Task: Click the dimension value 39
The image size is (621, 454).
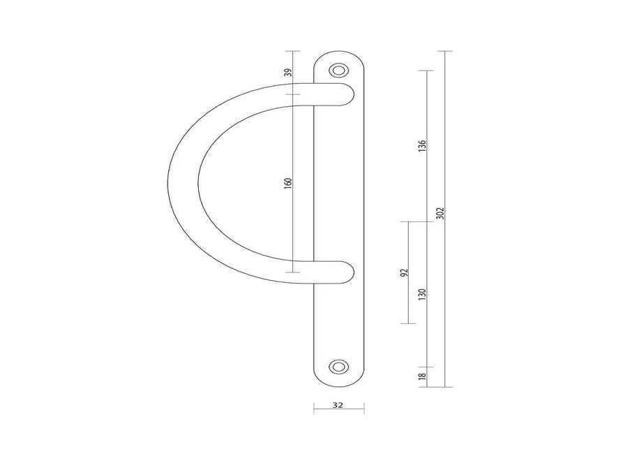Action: point(289,73)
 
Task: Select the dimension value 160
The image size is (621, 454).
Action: point(288,183)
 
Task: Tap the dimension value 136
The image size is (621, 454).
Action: point(422,146)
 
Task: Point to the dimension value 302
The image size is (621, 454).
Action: point(440,213)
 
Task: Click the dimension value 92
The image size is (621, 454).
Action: point(404,272)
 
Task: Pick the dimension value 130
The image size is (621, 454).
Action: point(422,295)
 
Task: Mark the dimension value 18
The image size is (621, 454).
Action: point(422,376)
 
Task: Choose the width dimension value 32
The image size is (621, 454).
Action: point(338,405)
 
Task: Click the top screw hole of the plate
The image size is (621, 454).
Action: point(338,71)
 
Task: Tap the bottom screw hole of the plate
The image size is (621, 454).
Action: point(338,367)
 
